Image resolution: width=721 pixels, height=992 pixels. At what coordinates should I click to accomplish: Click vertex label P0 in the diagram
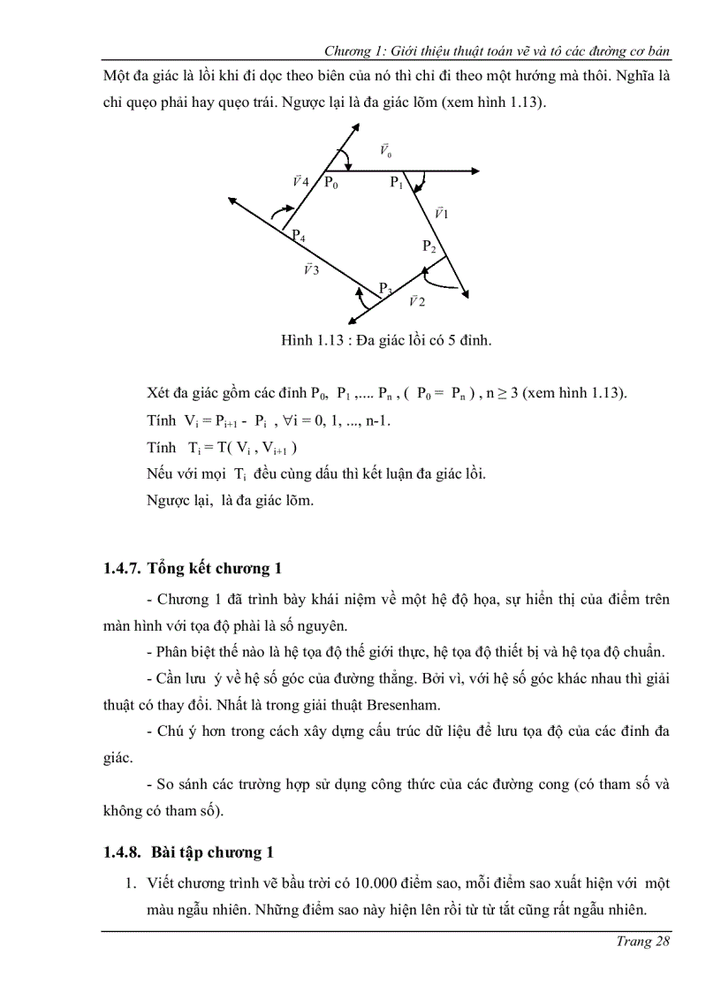330,183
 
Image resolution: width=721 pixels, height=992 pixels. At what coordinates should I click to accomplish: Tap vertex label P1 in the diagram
397,183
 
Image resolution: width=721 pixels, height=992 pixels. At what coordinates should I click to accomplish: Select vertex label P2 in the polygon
429,246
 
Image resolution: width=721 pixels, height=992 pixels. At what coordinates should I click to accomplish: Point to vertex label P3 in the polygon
385,288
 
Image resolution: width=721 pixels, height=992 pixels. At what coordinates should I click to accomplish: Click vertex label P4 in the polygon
300,237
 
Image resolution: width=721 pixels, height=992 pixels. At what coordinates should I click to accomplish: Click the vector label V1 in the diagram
442,213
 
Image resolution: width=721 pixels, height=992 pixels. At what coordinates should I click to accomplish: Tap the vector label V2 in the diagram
416,301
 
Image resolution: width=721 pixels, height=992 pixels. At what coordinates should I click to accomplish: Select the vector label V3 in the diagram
310,269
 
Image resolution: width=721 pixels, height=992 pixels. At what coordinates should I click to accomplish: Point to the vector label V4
300,181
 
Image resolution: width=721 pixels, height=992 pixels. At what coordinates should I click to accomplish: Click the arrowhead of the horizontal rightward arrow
475,170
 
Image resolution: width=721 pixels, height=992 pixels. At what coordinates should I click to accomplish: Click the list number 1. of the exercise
128,883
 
